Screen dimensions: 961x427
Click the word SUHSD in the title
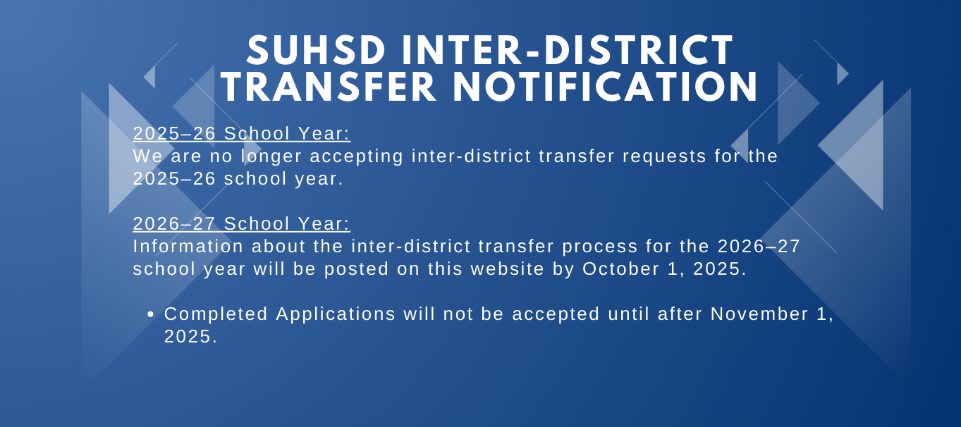[316, 51]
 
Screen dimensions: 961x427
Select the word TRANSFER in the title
[329, 87]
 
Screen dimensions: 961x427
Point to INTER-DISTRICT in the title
[567, 51]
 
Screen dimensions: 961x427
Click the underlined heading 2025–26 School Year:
[242, 133]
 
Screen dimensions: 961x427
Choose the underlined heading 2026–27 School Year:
[242, 223]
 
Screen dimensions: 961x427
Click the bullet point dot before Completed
[150, 315]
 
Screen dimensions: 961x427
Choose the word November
[759, 314]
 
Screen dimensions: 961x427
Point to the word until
[628, 314]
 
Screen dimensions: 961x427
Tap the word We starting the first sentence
[147, 156]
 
